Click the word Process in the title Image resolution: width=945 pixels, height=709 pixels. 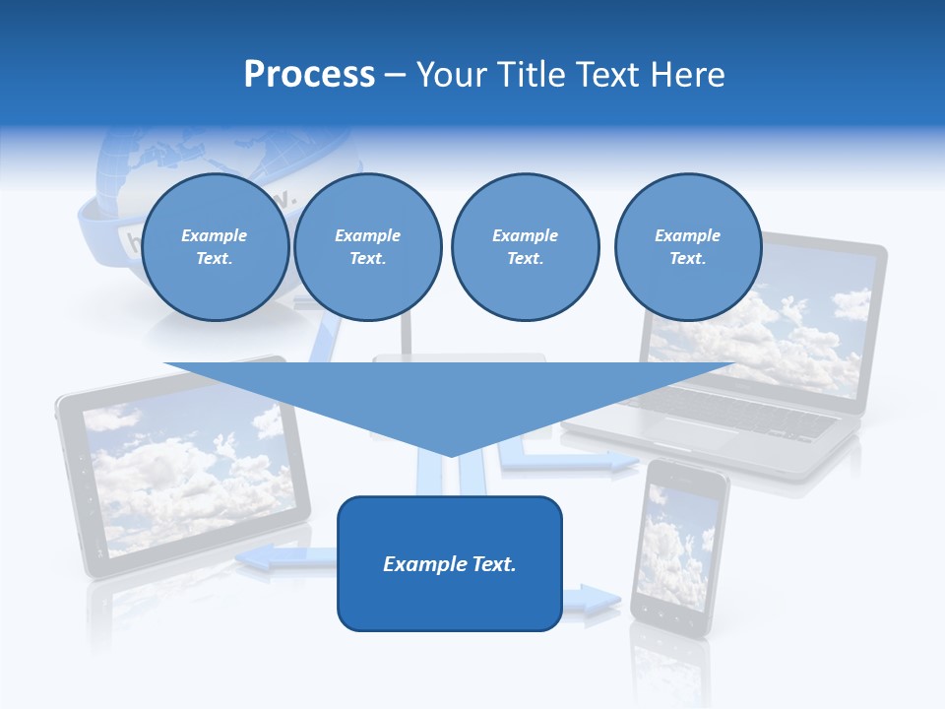click(309, 75)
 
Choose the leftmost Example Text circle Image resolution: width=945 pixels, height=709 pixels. click(215, 247)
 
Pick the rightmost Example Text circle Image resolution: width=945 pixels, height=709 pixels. click(687, 247)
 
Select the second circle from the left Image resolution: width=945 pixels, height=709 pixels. click(367, 247)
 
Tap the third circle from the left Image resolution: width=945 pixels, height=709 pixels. click(525, 247)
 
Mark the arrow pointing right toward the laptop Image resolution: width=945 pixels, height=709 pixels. click(581, 460)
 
